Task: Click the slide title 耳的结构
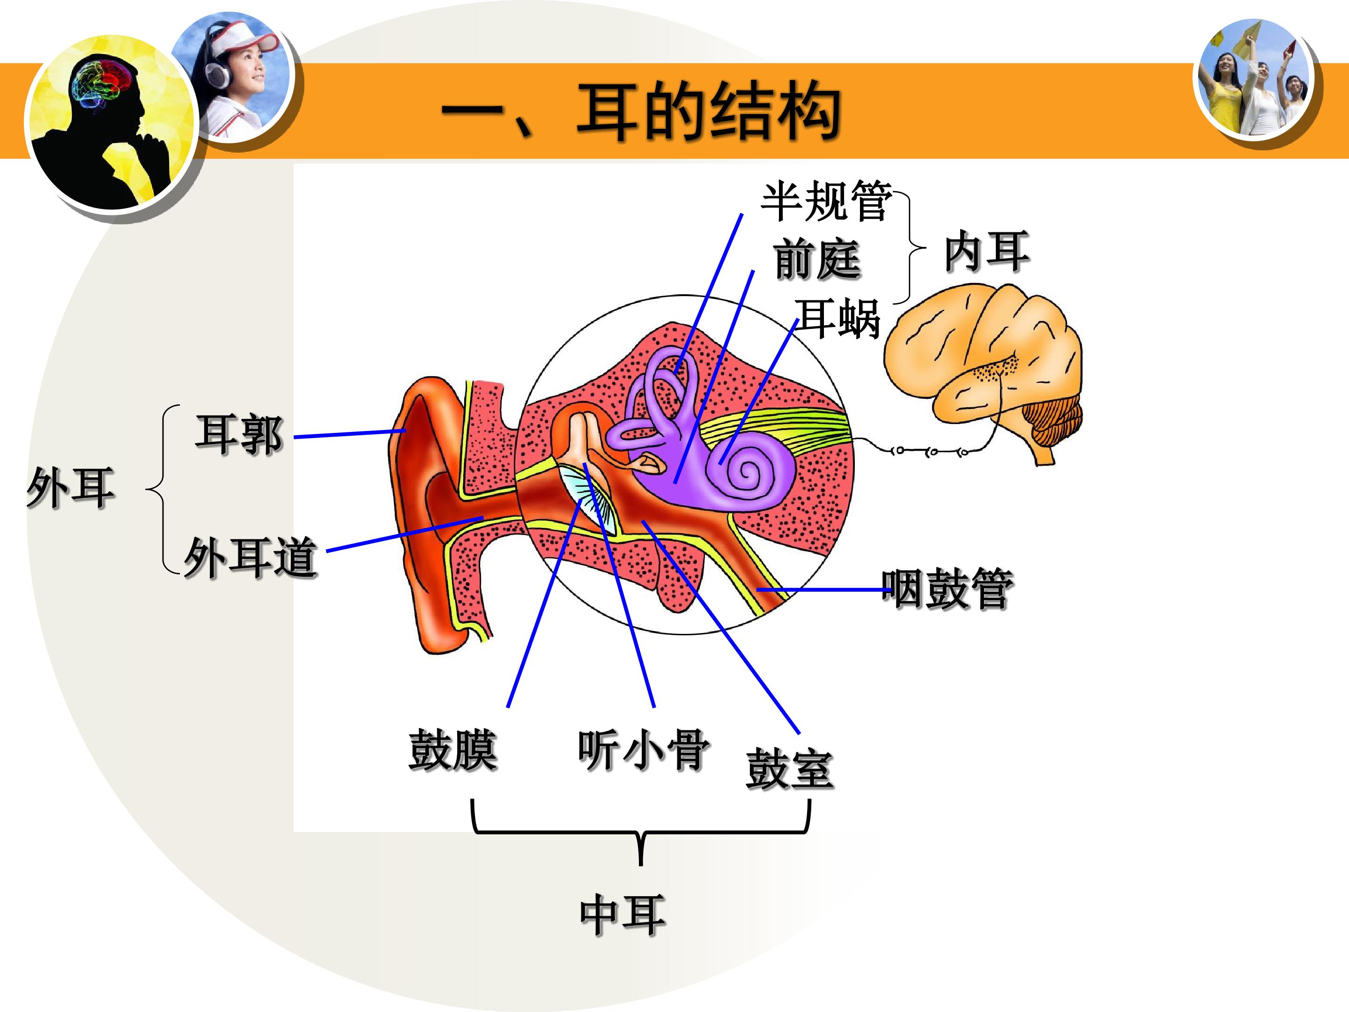[x=709, y=112]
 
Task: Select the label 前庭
[x=817, y=259]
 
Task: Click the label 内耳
[x=987, y=251]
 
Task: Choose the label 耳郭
[x=239, y=434]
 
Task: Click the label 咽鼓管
[x=947, y=588]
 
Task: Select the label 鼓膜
[x=453, y=750]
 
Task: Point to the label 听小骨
[x=644, y=750]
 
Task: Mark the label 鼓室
[x=789, y=769]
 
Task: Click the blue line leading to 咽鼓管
[x=824, y=590]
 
